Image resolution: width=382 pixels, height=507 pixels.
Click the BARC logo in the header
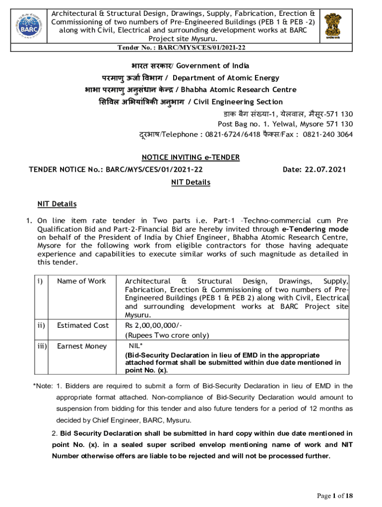[27, 23]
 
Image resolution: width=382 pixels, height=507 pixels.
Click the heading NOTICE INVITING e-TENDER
[191, 157]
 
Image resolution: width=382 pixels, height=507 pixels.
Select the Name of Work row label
[81, 281]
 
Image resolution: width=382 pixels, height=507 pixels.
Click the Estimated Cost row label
[83, 325]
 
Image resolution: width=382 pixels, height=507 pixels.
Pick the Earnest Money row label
[82, 346]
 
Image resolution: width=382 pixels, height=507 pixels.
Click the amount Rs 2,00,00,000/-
[154, 325]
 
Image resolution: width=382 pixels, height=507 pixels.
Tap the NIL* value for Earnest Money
[135, 346]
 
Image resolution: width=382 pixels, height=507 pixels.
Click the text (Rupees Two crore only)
[167, 335]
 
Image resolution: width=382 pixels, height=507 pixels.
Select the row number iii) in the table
[41, 346]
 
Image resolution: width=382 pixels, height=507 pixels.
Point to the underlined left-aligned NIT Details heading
[57, 204]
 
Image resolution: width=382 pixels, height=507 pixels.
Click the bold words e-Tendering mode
[315, 229]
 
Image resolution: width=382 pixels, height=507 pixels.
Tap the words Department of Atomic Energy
[226, 78]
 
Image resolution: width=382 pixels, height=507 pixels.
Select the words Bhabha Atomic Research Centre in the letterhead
[239, 90]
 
